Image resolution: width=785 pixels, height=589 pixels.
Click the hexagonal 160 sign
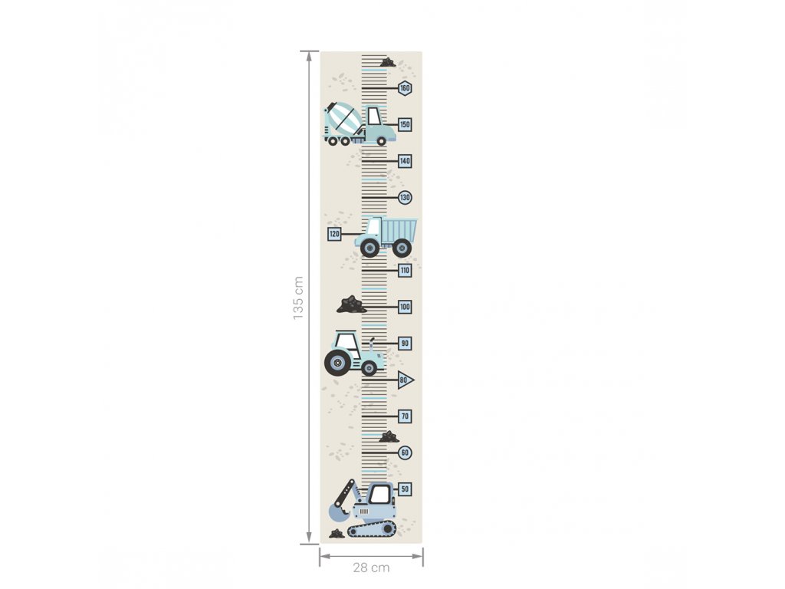[405, 88]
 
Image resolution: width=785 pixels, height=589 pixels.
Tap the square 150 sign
[405, 124]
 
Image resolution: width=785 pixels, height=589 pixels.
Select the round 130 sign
[405, 197]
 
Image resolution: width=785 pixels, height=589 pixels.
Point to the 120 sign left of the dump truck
[334, 234]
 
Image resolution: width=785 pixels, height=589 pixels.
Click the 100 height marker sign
[405, 307]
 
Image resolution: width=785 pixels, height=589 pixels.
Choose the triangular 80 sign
[406, 380]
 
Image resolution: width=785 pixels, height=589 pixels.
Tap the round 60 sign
[405, 452]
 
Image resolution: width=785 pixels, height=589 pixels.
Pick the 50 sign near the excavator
[405, 489]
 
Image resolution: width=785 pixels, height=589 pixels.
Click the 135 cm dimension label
[298, 298]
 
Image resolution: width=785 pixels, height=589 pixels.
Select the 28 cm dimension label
[371, 568]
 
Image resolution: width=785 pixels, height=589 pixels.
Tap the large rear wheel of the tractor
[337, 362]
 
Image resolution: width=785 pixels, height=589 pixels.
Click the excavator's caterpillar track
[372, 528]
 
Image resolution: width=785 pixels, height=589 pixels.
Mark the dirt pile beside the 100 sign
[351, 304]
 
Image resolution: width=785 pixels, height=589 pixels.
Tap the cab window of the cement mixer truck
[374, 117]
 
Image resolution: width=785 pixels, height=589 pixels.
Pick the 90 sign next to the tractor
[405, 344]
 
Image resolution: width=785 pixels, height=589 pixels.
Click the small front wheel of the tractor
[369, 369]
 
